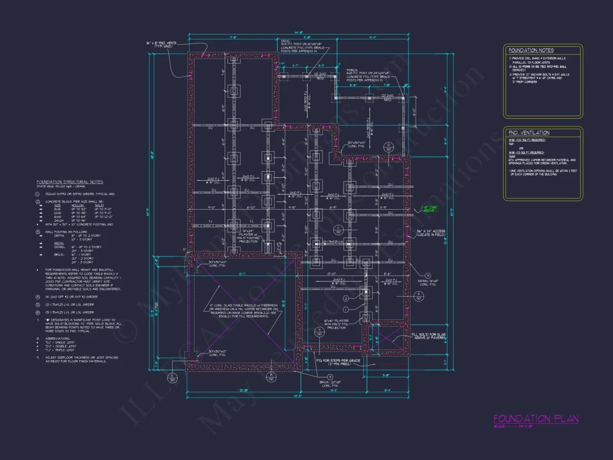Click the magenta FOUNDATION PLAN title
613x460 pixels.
536,419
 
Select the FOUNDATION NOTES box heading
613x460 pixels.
530,50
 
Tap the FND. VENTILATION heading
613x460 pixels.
529,133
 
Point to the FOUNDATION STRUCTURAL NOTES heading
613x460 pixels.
70,182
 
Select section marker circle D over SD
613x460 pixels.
390,147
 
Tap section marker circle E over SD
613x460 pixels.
173,377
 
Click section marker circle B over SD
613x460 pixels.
271,377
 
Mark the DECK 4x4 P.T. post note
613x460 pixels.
301,45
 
